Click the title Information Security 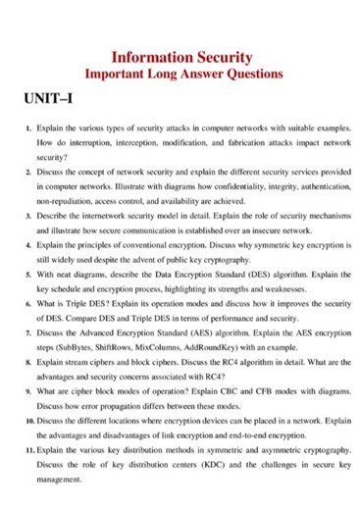pos(183,56)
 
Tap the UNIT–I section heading pos(48,100)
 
